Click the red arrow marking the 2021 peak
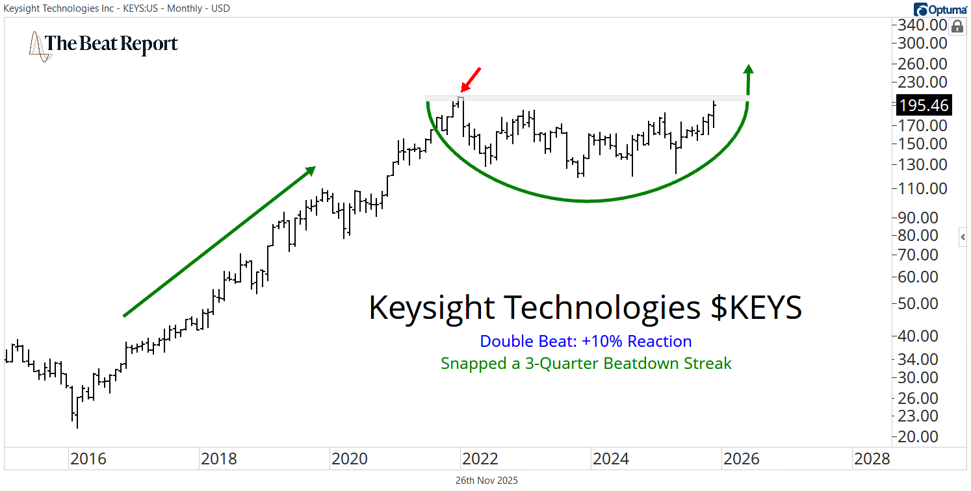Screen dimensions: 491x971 click(x=471, y=79)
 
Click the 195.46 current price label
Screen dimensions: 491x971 click(x=923, y=105)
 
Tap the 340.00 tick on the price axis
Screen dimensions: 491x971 click(x=922, y=26)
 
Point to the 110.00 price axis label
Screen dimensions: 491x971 click(x=922, y=189)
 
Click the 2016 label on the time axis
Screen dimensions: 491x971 click(x=88, y=459)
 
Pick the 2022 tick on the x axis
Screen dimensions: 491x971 click(x=480, y=459)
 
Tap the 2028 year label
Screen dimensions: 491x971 click(x=872, y=459)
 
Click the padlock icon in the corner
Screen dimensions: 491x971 click(x=957, y=27)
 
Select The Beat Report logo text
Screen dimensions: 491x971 click(x=111, y=44)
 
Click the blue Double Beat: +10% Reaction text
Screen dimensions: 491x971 click(x=586, y=341)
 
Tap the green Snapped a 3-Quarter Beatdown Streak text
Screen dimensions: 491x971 click(x=586, y=363)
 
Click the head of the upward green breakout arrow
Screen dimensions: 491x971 click(x=749, y=69)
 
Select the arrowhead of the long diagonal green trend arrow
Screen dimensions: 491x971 click(x=310, y=170)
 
